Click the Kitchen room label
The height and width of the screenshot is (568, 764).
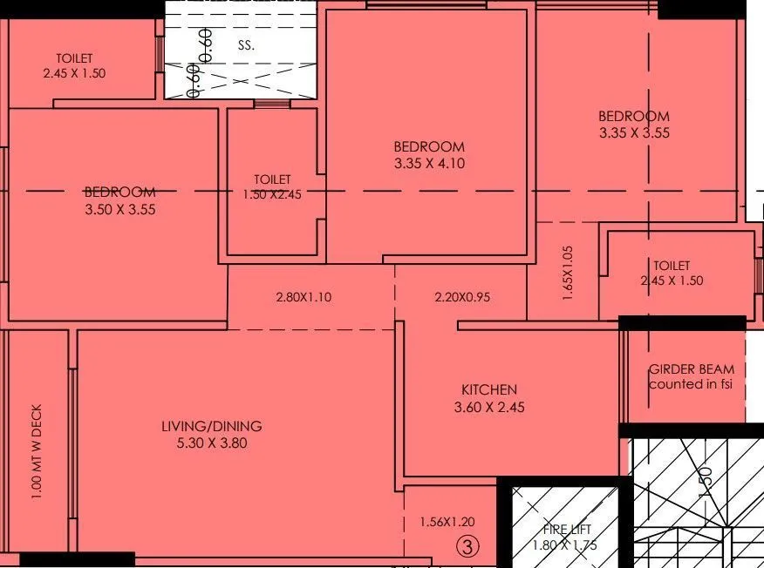click(x=488, y=389)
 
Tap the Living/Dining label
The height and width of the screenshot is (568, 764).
click(x=211, y=426)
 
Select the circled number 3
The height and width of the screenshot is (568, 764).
click(x=468, y=547)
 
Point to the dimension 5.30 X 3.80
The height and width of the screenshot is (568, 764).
click(x=211, y=443)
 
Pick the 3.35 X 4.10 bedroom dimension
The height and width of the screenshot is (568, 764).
click(x=428, y=163)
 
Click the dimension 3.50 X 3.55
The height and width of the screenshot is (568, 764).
click(x=119, y=209)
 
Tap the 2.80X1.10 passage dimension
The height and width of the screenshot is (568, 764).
click(x=303, y=297)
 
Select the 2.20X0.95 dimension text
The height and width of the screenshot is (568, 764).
click(x=461, y=297)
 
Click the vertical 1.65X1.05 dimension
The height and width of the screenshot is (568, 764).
click(x=568, y=273)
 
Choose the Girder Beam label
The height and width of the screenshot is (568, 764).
click(x=691, y=369)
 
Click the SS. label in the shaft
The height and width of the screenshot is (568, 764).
click(x=246, y=45)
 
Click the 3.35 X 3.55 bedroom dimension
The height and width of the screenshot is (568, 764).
click(x=634, y=133)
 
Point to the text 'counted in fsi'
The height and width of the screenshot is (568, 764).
click(x=691, y=383)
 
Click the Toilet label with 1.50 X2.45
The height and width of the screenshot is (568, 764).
click(x=272, y=179)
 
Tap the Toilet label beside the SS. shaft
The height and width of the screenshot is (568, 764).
click(x=76, y=58)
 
